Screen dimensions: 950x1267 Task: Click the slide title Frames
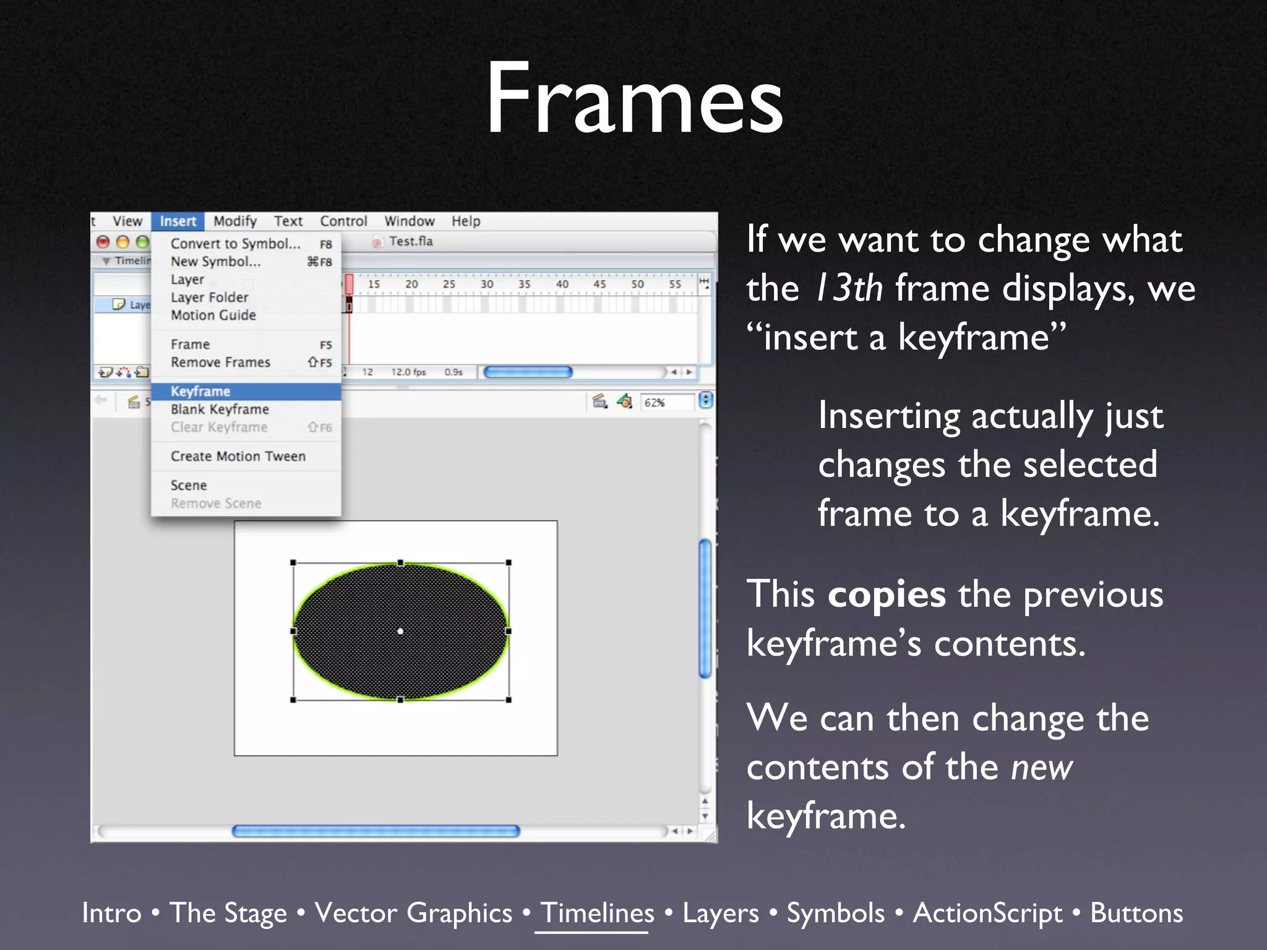coord(634,99)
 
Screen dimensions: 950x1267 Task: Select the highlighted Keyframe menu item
coord(200,392)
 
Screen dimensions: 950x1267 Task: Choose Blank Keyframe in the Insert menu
coord(220,409)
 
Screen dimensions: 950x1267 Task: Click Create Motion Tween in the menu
coord(238,456)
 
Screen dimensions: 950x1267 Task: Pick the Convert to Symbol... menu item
coord(235,244)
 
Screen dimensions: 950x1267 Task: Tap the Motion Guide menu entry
coord(213,315)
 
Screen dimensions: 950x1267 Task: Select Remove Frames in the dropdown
coord(220,362)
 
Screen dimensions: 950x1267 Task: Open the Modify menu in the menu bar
coord(235,221)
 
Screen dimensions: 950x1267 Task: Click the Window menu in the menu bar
coord(409,221)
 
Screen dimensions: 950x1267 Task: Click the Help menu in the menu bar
coord(465,221)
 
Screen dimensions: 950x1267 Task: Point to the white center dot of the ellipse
coord(400,631)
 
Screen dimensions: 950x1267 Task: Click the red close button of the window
coord(103,242)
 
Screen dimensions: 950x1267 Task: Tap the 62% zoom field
coord(666,403)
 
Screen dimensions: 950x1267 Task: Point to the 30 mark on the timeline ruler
coord(487,285)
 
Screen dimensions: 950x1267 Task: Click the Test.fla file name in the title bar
coord(411,241)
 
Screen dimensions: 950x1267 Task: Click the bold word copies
coord(887,594)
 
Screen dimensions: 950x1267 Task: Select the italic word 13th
coord(849,288)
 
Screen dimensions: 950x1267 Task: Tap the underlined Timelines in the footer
coord(597,913)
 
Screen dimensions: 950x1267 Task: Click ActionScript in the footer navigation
coord(987,913)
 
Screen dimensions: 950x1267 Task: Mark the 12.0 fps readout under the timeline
coord(408,372)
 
